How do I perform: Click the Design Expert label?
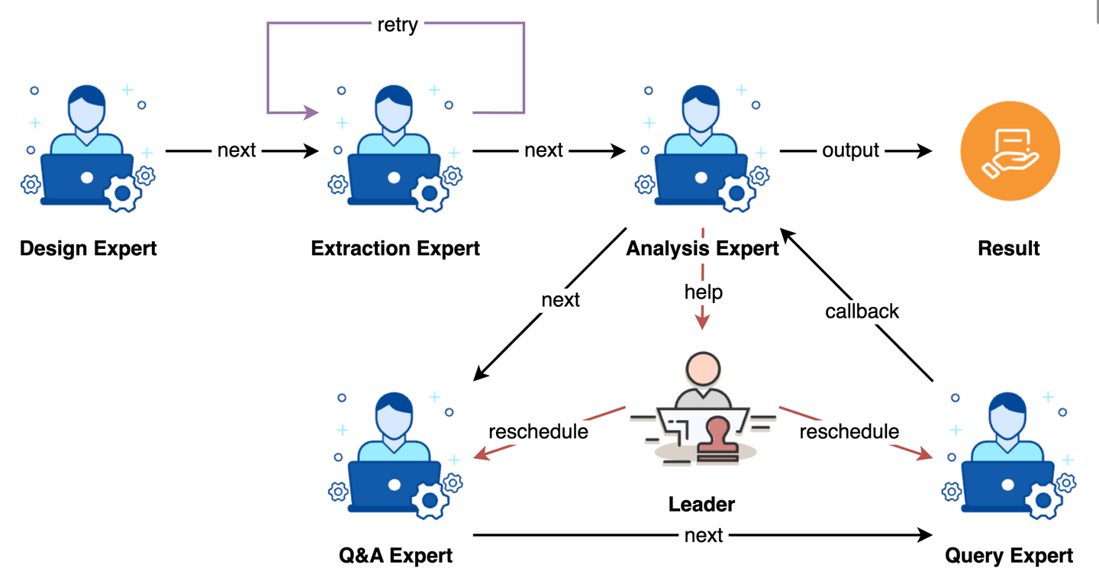click(88, 249)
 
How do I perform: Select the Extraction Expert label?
click(395, 249)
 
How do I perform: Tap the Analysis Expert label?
click(702, 249)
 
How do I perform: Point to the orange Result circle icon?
click(1010, 150)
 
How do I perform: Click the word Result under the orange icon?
click(1009, 249)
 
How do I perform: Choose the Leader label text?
click(701, 504)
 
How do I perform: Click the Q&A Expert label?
click(395, 556)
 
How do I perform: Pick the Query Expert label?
click(1009, 556)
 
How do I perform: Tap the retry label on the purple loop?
click(398, 24)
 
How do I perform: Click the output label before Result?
click(851, 150)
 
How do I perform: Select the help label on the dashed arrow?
click(703, 292)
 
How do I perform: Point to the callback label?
click(862, 311)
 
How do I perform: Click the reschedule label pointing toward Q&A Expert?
click(538, 431)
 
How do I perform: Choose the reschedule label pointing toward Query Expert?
click(849, 431)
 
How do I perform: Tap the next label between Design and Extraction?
click(237, 150)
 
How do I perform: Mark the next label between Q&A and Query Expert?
click(704, 535)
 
